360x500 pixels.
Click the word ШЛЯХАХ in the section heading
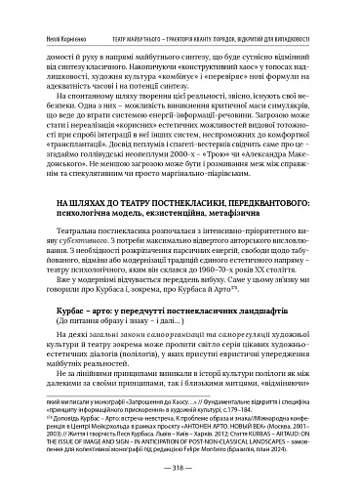tap(81, 228)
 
